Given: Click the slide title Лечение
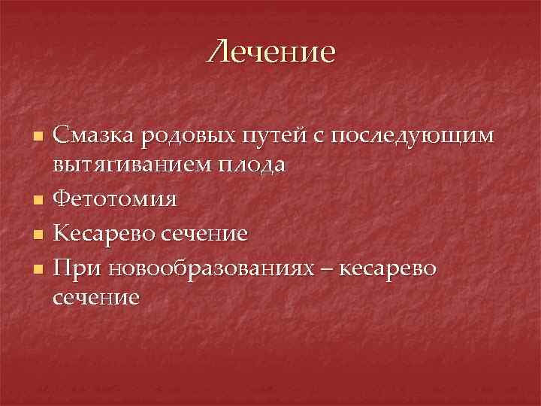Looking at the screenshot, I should coord(272,53).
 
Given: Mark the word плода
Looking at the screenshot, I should coord(250,165).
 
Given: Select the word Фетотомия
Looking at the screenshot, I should coord(116,199).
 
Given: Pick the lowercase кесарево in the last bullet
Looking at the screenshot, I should coord(388,267).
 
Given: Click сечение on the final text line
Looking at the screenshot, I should coord(96,296).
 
